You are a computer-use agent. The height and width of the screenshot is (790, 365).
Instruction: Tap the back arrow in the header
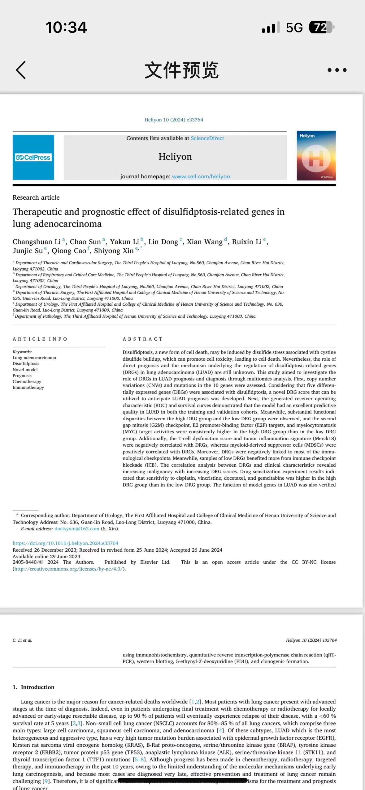coord(21,70)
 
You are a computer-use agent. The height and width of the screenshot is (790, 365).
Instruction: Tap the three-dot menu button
coord(337,70)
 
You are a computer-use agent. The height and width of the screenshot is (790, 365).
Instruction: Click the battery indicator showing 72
coord(321,28)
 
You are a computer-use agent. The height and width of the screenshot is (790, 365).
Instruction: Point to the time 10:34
coord(66,27)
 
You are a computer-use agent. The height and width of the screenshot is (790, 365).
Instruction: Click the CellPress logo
coord(33,157)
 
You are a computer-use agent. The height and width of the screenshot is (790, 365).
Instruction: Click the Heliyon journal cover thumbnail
coord(316,155)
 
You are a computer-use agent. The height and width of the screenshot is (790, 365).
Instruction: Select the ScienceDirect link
coord(207,138)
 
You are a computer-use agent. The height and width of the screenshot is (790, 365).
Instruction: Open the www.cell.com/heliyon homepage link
coord(201,176)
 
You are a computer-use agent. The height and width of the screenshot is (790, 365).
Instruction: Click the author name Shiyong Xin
coord(114,251)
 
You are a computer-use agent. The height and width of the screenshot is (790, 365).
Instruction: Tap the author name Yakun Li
coord(124,242)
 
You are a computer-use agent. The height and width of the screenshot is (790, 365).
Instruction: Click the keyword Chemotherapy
coord(27,381)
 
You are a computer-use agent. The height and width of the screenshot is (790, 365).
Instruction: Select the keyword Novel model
coord(25,370)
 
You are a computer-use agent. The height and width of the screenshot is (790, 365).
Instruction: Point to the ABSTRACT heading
coord(143,339)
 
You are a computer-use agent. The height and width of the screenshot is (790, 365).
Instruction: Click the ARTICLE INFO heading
coord(40,339)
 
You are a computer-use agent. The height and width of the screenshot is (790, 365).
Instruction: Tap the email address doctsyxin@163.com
coord(77,529)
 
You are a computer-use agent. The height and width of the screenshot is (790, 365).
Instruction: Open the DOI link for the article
coord(65,543)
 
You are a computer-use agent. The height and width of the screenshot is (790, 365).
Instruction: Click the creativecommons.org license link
coord(68,569)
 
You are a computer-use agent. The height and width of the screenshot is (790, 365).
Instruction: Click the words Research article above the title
coord(36,197)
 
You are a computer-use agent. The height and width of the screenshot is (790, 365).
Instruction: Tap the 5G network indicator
coord(294,28)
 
